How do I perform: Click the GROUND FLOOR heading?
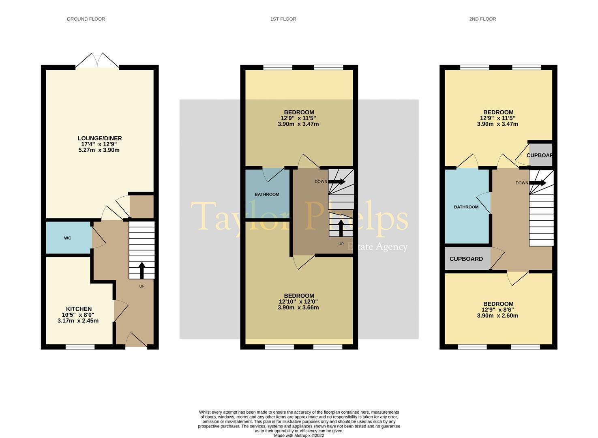point(86,19)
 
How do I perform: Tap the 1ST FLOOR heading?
point(283,19)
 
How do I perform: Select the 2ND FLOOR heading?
point(482,19)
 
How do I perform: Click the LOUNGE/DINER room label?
point(100,138)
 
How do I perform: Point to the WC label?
point(68,238)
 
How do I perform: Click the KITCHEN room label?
point(79,309)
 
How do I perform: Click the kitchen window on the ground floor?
point(80,347)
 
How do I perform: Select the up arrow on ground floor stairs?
point(142,270)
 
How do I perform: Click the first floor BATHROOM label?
point(267,194)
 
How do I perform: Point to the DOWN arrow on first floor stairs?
point(337,182)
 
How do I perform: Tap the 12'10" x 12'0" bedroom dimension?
point(298,302)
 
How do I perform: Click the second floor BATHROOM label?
point(466,207)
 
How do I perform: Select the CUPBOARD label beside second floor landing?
point(466,259)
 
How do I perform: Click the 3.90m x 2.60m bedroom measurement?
point(497,316)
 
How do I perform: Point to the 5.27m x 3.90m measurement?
point(99,150)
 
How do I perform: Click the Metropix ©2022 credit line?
point(299,436)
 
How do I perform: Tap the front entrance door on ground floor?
point(136,341)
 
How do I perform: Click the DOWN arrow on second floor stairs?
point(538,183)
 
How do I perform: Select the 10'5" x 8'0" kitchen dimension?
point(78,315)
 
